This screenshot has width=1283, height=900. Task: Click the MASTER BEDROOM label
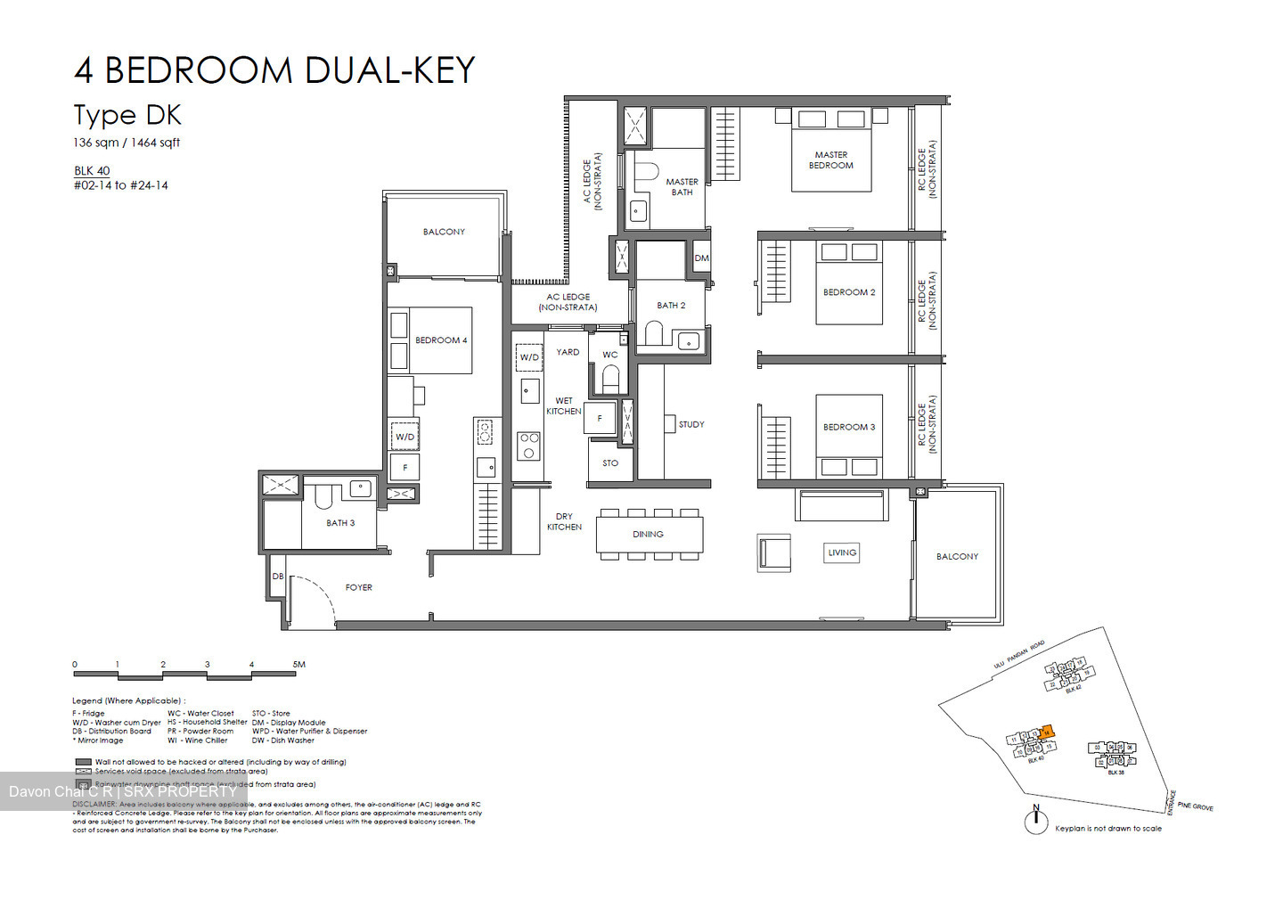click(830, 160)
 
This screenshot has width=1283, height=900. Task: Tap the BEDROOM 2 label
click(848, 292)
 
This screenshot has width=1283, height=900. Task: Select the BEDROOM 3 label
click(848, 427)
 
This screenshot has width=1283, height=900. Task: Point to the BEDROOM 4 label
click(440, 340)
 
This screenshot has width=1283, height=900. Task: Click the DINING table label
click(648, 535)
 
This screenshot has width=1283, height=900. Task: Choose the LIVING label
click(841, 552)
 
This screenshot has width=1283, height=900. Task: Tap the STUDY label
click(691, 425)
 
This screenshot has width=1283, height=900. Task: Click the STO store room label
click(609, 463)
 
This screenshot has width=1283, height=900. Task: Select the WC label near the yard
click(609, 355)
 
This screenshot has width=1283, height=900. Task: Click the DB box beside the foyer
click(278, 577)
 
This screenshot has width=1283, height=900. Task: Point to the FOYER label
click(358, 588)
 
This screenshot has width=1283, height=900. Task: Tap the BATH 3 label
click(339, 523)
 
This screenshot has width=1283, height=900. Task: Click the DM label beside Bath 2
click(701, 258)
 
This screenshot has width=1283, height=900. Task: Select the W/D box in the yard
click(529, 357)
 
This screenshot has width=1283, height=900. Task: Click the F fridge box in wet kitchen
click(600, 419)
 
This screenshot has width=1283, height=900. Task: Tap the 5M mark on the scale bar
click(298, 665)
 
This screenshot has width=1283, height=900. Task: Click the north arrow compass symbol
click(1035, 821)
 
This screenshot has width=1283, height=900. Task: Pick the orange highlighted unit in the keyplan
click(1047, 732)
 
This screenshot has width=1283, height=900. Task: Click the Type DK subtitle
click(127, 115)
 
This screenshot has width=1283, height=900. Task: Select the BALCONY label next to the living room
click(957, 557)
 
